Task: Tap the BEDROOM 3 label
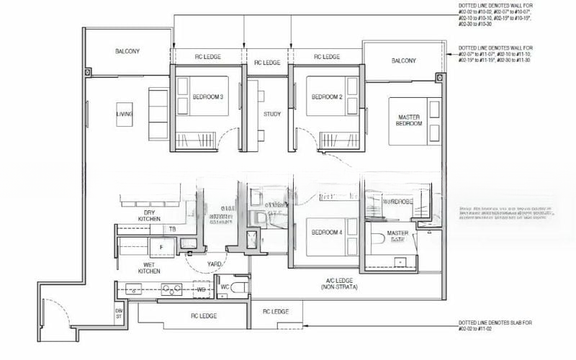207,97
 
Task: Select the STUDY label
271,114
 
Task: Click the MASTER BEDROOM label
408,120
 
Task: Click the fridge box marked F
161,248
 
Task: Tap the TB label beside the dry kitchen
172,230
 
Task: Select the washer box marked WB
202,290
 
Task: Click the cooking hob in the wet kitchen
172,290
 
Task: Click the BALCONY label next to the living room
127,52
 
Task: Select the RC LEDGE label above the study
266,63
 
